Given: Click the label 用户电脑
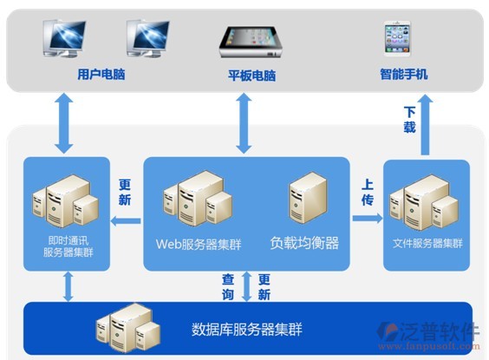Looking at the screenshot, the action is (101, 75).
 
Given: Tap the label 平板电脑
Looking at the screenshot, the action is (252, 75).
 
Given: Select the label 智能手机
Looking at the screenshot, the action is (404, 75).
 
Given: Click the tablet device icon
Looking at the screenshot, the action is (251, 43).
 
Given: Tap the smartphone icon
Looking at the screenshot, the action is (397, 39).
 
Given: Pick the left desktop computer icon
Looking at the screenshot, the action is (64, 38).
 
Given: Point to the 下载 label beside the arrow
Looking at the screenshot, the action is (409, 120).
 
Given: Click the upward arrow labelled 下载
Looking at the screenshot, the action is (425, 126).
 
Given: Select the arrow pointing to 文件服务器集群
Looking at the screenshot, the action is (368, 218).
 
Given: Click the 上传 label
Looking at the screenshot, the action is (368, 193).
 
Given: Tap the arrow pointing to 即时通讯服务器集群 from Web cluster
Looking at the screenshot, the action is (126, 221).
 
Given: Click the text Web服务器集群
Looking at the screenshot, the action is (199, 245).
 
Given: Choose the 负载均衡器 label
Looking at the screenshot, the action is (304, 243).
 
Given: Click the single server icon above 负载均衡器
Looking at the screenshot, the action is (308, 198).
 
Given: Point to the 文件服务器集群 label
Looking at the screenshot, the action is (427, 244).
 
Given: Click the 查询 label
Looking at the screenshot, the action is (228, 287).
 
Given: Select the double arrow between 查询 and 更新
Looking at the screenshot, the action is (247, 286).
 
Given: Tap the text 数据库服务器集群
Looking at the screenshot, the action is (247, 330).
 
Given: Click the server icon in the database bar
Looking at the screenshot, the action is (127, 328).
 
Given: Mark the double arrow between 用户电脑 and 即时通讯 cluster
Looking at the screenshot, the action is (64, 123).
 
